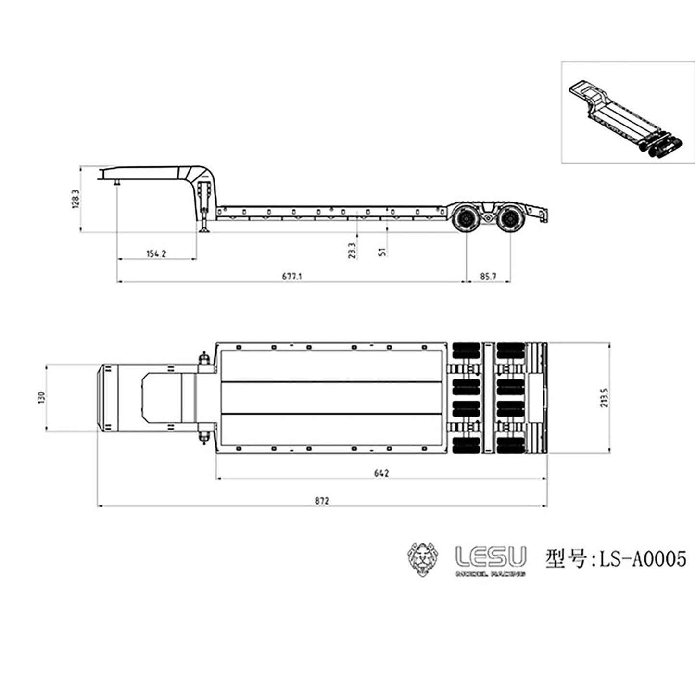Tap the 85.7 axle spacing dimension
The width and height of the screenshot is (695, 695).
coord(488,276)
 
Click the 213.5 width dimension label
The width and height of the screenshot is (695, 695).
coord(605,398)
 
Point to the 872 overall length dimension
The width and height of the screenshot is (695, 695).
coord(322,501)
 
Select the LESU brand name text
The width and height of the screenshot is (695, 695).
coord(491,556)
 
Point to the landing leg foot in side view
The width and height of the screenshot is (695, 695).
coord(205,231)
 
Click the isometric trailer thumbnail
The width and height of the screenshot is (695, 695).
coord(628,112)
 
